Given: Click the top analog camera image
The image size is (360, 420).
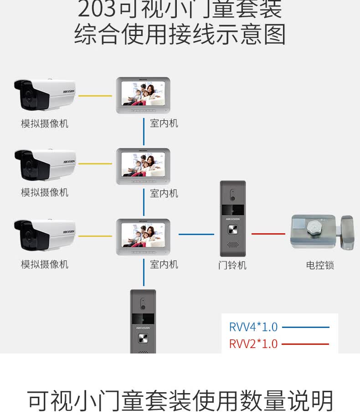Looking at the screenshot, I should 44,94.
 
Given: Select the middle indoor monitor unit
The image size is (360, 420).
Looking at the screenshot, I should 143,166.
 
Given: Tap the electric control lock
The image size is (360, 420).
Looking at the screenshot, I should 322,233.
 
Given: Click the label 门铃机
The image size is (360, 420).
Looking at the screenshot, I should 232,265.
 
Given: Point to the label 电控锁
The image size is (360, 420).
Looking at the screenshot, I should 320,265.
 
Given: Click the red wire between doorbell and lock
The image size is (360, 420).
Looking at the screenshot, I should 268,234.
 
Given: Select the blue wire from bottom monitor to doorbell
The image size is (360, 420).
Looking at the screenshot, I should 196,234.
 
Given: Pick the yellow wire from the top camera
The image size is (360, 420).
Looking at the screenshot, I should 95,96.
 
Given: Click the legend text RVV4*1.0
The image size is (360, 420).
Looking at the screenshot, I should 253,327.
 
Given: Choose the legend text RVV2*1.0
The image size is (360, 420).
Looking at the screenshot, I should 253,344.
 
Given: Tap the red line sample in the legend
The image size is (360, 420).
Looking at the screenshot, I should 305,344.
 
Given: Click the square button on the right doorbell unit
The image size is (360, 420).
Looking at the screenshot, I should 233,229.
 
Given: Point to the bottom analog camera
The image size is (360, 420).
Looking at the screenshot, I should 44,235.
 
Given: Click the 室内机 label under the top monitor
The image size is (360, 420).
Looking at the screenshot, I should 164,123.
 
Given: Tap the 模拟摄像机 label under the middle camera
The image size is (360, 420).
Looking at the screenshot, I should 45,192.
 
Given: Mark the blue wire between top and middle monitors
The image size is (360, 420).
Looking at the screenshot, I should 144,135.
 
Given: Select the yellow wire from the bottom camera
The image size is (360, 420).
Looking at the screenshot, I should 95,236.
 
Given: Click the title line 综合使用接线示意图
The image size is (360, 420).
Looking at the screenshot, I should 180,35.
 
